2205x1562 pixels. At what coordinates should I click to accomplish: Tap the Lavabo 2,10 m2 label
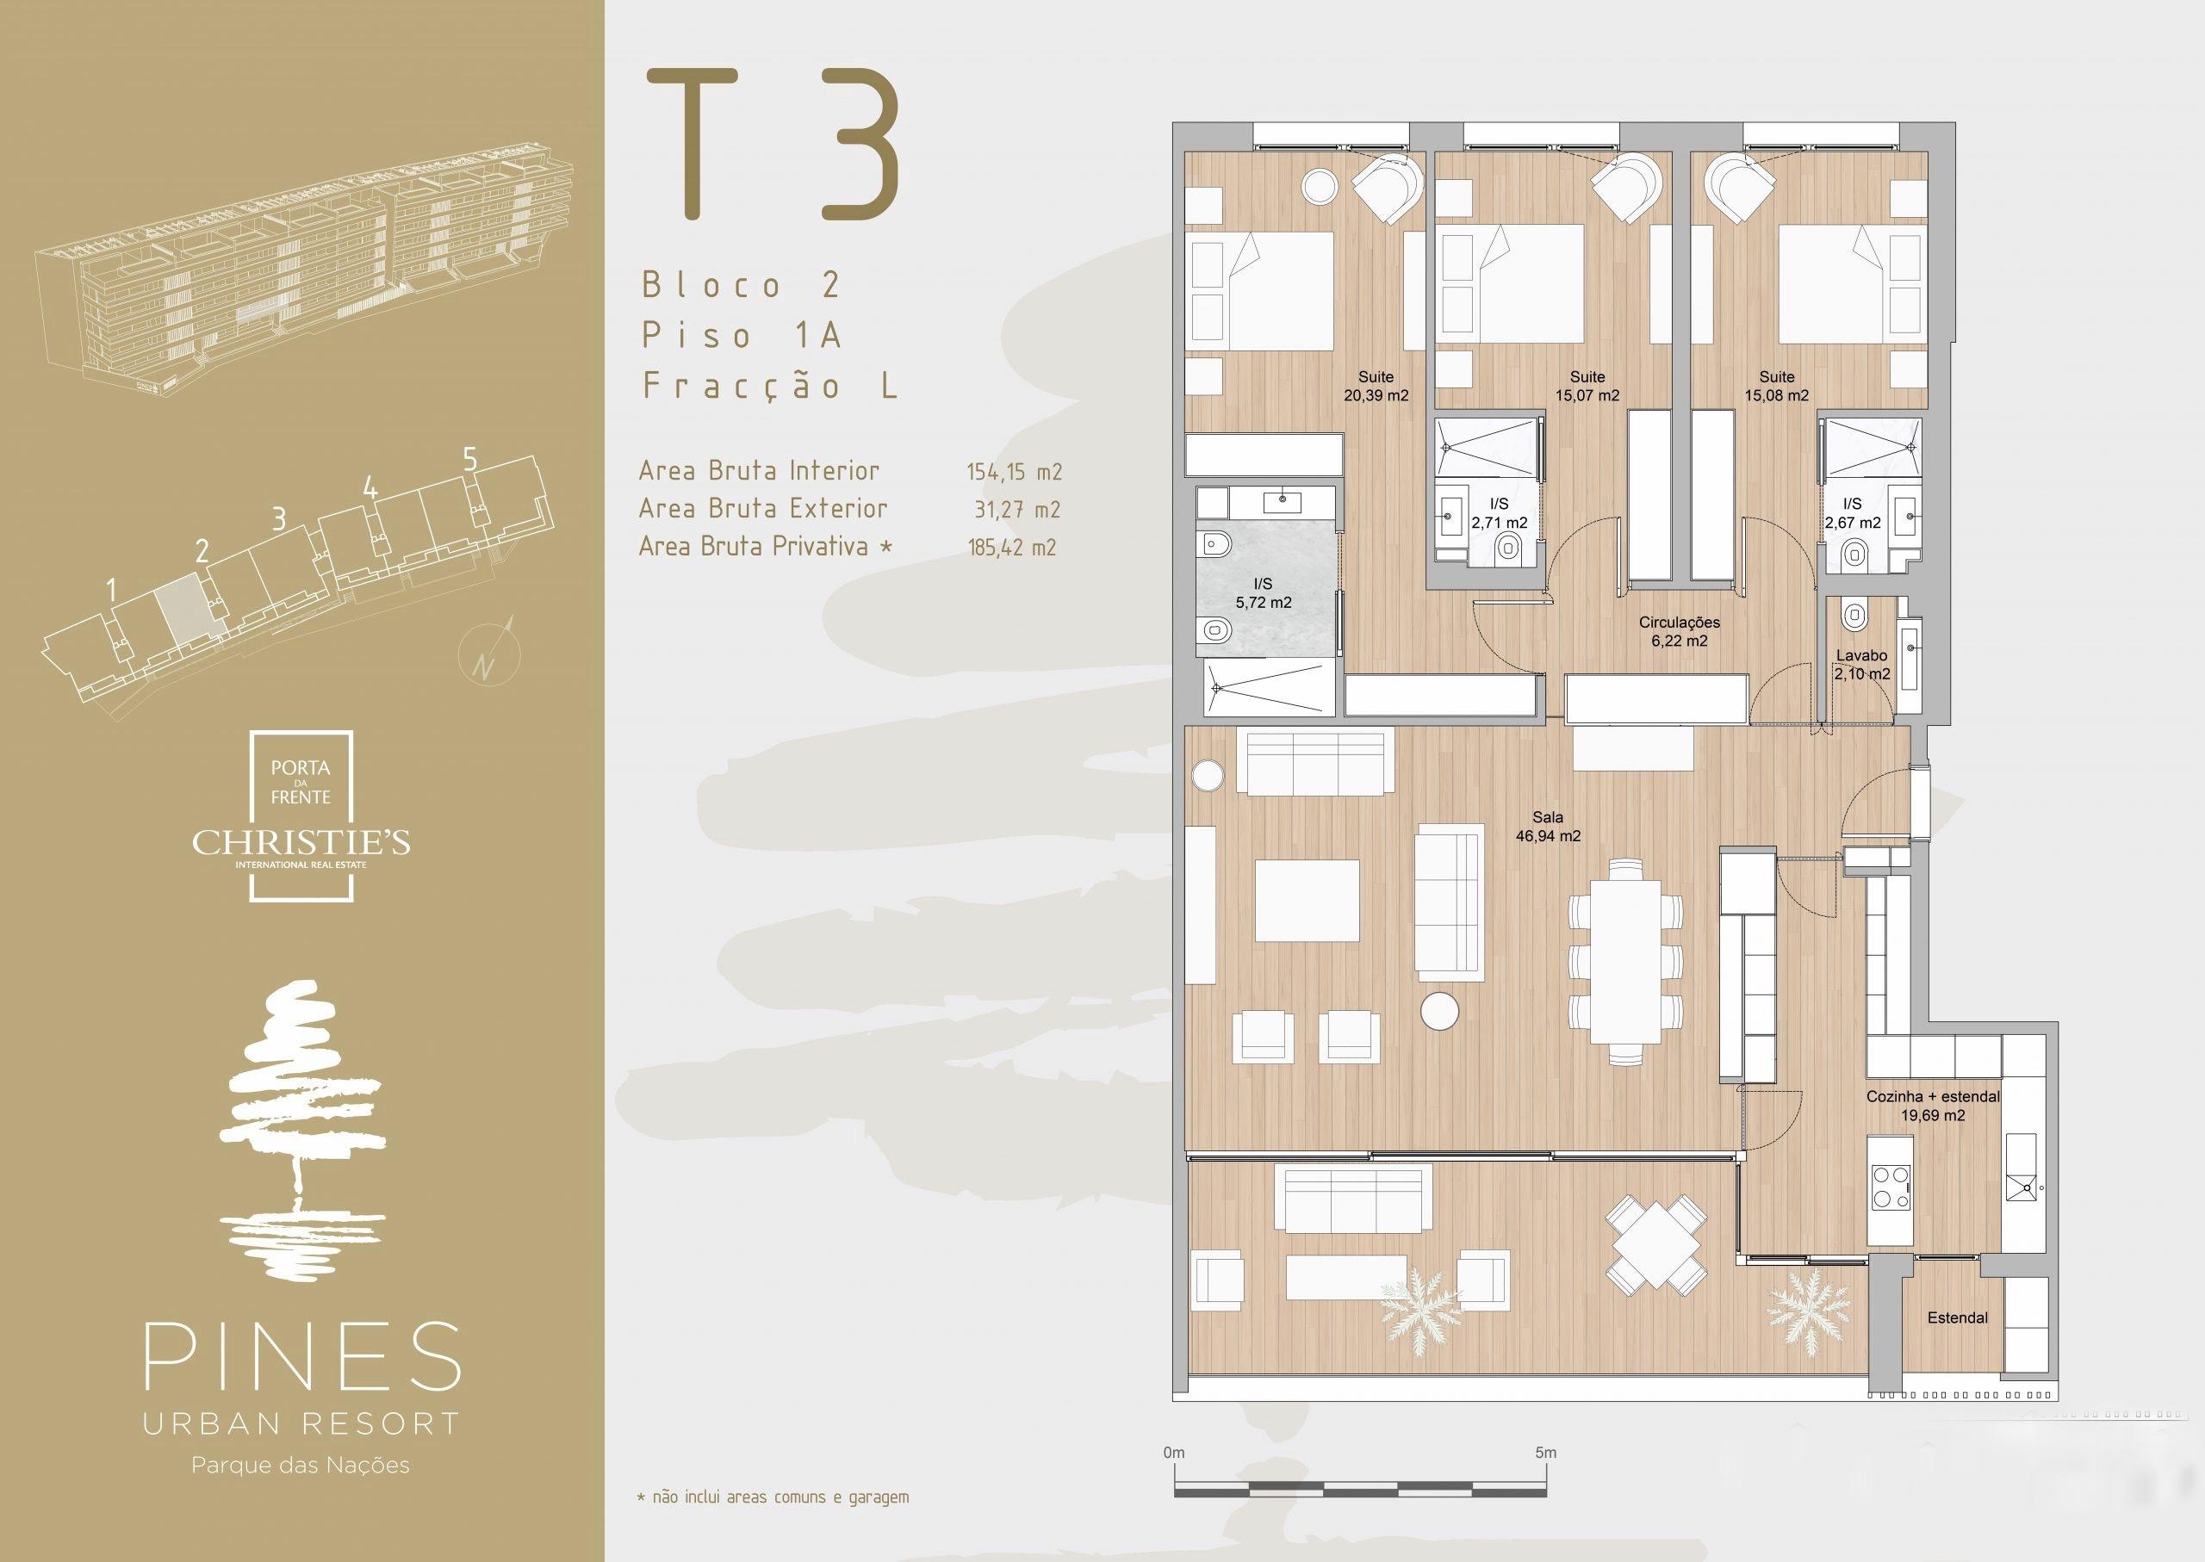point(1861,665)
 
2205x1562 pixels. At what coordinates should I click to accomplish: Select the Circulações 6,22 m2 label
point(1680,631)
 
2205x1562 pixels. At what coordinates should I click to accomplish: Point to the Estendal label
point(1957,1317)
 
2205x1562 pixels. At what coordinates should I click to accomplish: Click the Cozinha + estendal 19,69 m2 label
point(1933,1106)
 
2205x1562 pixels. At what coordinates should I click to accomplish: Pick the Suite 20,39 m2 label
point(1376,386)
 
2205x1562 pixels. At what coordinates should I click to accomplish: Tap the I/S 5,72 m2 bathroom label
point(1264,593)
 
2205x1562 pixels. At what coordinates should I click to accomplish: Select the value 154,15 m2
point(1014,472)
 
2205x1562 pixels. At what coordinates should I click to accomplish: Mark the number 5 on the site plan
point(469,460)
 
